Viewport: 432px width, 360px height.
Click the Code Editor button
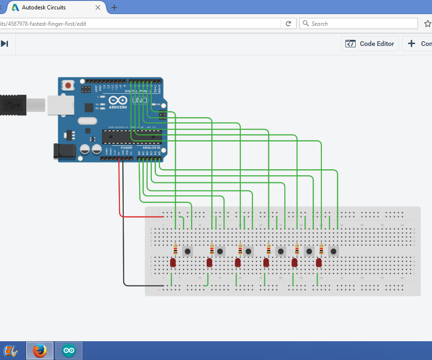pyautogui.click(x=370, y=44)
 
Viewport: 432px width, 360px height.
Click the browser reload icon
pyautogui.click(x=289, y=23)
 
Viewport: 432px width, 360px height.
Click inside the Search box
pyautogui.click(x=361, y=23)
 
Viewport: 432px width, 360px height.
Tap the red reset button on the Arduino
pyautogui.click(x=69, y=86)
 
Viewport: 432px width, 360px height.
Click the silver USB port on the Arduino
pyautogui.click(x=59, y=105)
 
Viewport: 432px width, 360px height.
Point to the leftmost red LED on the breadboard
pyautogui.click(x=173, y=263)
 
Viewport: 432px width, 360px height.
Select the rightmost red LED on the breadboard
pyautogui.click(x=319, y=263)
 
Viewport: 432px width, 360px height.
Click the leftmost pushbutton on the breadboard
pyautogui.click(x=187, y=252)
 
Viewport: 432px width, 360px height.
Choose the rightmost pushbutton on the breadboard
pyautogui.click(x=334, y=252)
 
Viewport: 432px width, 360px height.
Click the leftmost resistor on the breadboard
pyautogui.click(x=175, y=249)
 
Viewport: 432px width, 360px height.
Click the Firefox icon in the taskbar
pyautogui.click(x=40, y=350)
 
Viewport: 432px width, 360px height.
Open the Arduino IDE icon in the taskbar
pyautogui.click(x=69, y=350)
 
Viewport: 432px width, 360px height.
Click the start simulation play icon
pyautogui.click(x=4, y=44)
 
